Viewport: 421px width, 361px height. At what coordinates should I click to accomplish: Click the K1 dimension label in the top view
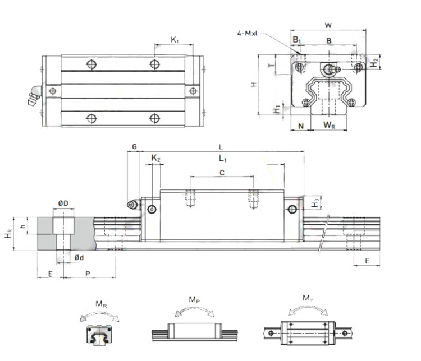click(175, 40)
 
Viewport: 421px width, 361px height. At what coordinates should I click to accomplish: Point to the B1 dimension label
click(297, 40)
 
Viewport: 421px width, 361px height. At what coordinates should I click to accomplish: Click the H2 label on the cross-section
click(374, 62)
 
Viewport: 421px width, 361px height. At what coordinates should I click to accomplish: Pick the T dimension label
click(272, 66)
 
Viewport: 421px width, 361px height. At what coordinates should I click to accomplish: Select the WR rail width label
click(330, 124)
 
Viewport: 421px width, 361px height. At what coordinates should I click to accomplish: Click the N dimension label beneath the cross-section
click(301, 124)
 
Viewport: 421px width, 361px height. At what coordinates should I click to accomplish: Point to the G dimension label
click(134, 146)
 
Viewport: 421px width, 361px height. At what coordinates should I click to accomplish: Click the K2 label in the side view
click(155, 159)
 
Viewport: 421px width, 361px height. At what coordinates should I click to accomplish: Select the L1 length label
click(222, 159)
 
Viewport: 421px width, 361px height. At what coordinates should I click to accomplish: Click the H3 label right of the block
click(316, 202)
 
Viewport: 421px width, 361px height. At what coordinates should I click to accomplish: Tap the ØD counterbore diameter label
click(63, 202)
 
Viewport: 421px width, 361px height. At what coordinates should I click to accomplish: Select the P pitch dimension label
click(88, 273)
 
